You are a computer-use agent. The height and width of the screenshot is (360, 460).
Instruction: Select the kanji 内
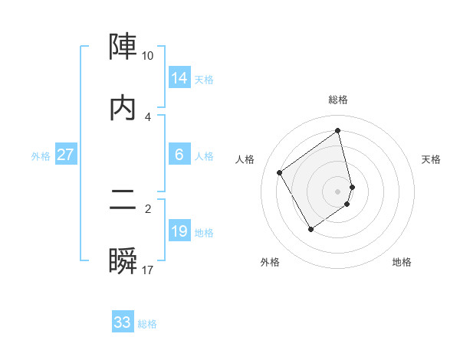click(123, 108)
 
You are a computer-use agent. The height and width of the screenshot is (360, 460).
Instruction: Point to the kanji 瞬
click(123, 262)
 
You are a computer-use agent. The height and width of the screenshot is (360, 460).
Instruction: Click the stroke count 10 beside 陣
click(147, 56)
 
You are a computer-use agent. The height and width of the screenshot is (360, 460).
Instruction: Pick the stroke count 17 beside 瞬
click(147, 270)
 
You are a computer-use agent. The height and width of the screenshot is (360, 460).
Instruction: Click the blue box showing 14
click(179, 78)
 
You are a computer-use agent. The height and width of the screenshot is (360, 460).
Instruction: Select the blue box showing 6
click(179, 155)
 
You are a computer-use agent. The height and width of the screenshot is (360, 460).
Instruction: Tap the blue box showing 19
click(179, 231)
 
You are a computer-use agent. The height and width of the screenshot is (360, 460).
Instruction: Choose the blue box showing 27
click(66, 155)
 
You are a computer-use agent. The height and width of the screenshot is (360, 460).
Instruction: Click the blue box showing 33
click(122, 322)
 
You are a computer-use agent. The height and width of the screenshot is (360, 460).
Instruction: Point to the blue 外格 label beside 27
click(41, 155)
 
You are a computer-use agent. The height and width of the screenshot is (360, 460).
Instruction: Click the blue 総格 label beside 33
click(147, 324)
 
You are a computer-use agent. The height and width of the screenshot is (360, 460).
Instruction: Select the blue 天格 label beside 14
click(204, 80)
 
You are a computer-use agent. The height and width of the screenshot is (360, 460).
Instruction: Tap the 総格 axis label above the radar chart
click(338, 100)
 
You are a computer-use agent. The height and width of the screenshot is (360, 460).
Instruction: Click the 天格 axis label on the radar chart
click(432, 159)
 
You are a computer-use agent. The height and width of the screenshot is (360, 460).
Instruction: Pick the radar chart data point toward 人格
click(280, 173)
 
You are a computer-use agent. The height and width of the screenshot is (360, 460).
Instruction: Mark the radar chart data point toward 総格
click(338, 131)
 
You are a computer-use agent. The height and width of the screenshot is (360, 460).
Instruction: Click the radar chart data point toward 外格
click(311, 228)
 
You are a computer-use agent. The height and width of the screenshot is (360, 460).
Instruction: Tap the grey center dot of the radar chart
click(338, 191)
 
